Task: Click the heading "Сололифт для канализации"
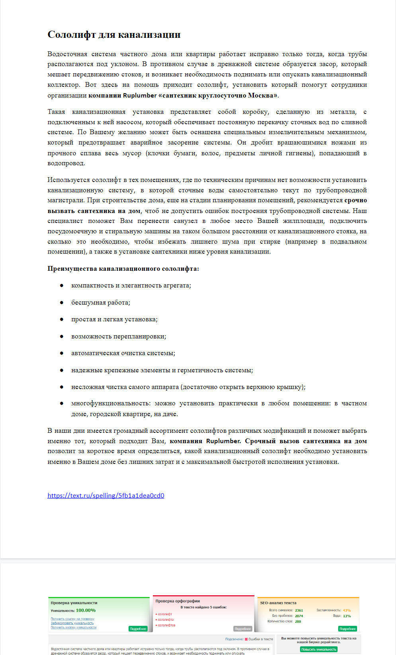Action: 114,35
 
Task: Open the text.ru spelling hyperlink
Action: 105,495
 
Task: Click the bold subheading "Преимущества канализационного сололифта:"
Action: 123,269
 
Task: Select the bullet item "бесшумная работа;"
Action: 100,303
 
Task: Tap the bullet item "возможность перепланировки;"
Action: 119,336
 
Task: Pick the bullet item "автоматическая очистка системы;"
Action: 123,353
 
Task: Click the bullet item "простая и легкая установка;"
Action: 114,319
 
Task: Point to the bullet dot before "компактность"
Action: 62,285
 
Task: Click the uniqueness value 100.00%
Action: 86,610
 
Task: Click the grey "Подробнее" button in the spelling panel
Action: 242,629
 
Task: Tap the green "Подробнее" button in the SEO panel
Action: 347,629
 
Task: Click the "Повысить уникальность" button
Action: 318,649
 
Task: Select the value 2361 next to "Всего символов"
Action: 299,610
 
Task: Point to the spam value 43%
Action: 347,610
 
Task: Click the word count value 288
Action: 298,622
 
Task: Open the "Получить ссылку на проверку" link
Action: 72,619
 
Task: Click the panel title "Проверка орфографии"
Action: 178,601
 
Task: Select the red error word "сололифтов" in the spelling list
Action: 166,625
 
